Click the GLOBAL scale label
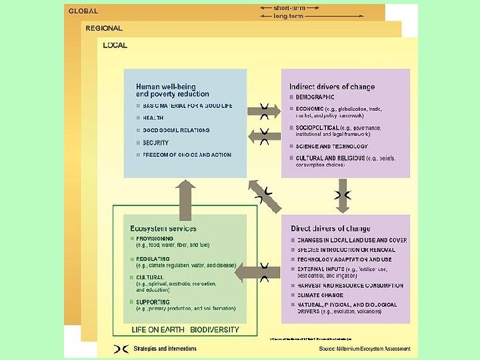pos(83,11)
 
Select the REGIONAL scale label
pos(104,29)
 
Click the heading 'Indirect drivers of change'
pos(332,87)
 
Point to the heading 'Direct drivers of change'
pos(330,229)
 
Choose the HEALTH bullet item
pos(153,118)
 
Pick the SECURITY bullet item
pos(155,143)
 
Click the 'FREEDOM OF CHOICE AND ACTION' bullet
pos(187,155)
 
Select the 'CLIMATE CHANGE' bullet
pos(320,295)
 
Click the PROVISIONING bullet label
pos(155,239)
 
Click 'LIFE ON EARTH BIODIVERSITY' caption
pos(185,330)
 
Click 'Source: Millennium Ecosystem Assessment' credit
pos(365,349)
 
